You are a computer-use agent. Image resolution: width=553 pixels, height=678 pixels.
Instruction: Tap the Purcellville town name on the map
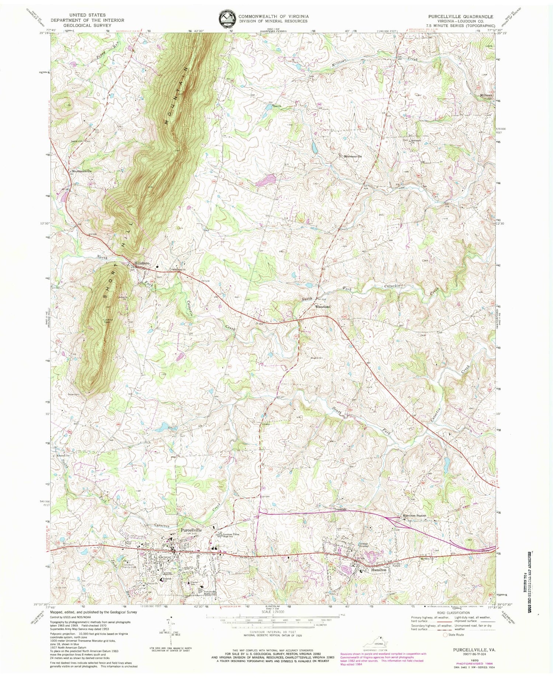click(191, 530)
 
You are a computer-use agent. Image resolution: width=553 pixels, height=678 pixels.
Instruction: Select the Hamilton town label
click(378, 570)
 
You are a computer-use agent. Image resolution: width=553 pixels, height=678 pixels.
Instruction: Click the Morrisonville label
click(353, 156)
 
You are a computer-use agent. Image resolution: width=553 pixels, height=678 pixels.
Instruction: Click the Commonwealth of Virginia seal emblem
click(226, 18)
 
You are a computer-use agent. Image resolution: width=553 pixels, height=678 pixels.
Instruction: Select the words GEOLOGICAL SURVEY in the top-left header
click(87, 25)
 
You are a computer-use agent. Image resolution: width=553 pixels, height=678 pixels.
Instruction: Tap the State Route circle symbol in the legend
click(446, 635)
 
